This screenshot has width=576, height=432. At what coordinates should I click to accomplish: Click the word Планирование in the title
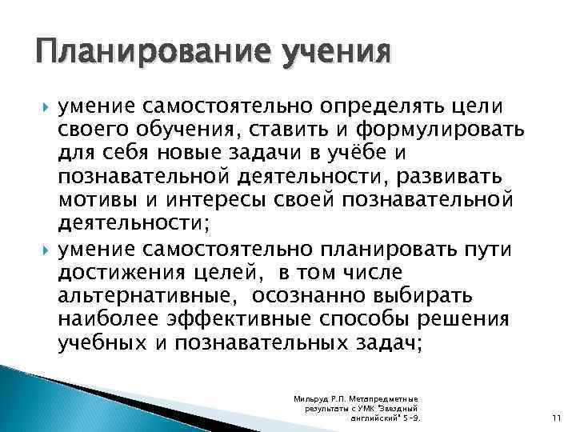143,56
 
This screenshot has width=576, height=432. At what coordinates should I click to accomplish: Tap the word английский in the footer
376,418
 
